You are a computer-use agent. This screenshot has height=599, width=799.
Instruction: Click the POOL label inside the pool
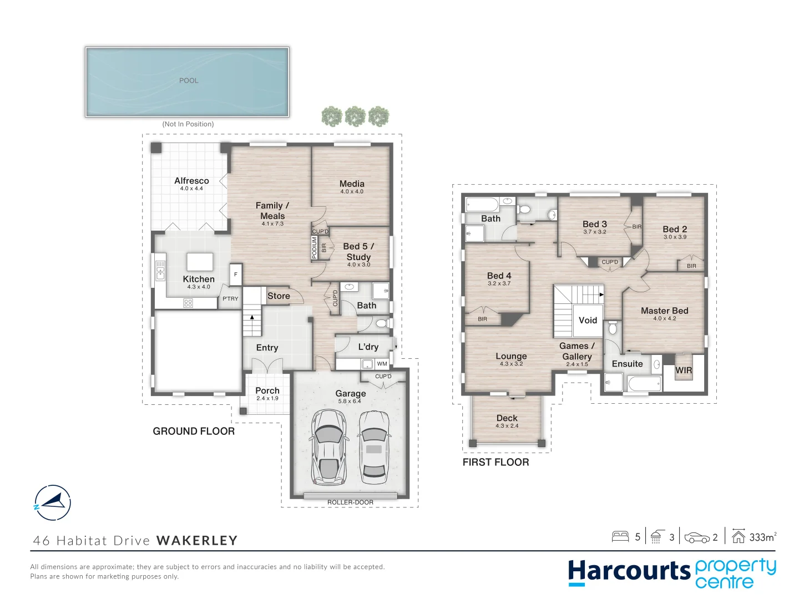click(189, 80)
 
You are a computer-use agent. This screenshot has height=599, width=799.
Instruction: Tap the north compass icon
click(53, 502)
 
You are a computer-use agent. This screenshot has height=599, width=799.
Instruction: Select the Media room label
click(352, 184)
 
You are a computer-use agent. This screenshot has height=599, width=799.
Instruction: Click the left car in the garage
click(329, 448)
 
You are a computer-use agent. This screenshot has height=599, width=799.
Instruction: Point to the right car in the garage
click(374, 448)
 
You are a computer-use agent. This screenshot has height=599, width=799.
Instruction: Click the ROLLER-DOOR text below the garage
click(350, 502)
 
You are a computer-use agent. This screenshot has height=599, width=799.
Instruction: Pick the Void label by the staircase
click(588, 320)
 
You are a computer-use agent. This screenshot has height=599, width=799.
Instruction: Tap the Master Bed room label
click(664, 311)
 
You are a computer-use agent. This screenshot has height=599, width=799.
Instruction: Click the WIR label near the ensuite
click(684, 370)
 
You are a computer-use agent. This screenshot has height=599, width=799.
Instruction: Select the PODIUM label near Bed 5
click(314, 247)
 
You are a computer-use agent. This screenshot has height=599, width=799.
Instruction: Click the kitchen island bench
click(200, 261)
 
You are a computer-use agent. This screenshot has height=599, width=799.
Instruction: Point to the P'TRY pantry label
click(230, 298)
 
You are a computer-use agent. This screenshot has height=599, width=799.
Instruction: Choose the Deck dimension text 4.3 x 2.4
click(507, 426)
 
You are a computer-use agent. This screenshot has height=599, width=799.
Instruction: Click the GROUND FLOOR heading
click(194, 431)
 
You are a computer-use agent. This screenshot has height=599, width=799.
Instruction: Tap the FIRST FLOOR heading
click(495, 462)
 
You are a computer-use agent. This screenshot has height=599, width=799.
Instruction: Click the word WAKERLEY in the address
click(197, 541)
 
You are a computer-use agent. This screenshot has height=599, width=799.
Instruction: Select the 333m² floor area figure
click(762, 537)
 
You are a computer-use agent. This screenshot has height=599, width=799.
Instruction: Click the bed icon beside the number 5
click(620, 536)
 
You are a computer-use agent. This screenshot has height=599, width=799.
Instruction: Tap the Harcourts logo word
click(629, 571)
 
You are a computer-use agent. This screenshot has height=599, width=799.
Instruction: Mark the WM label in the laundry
click(382, 364)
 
